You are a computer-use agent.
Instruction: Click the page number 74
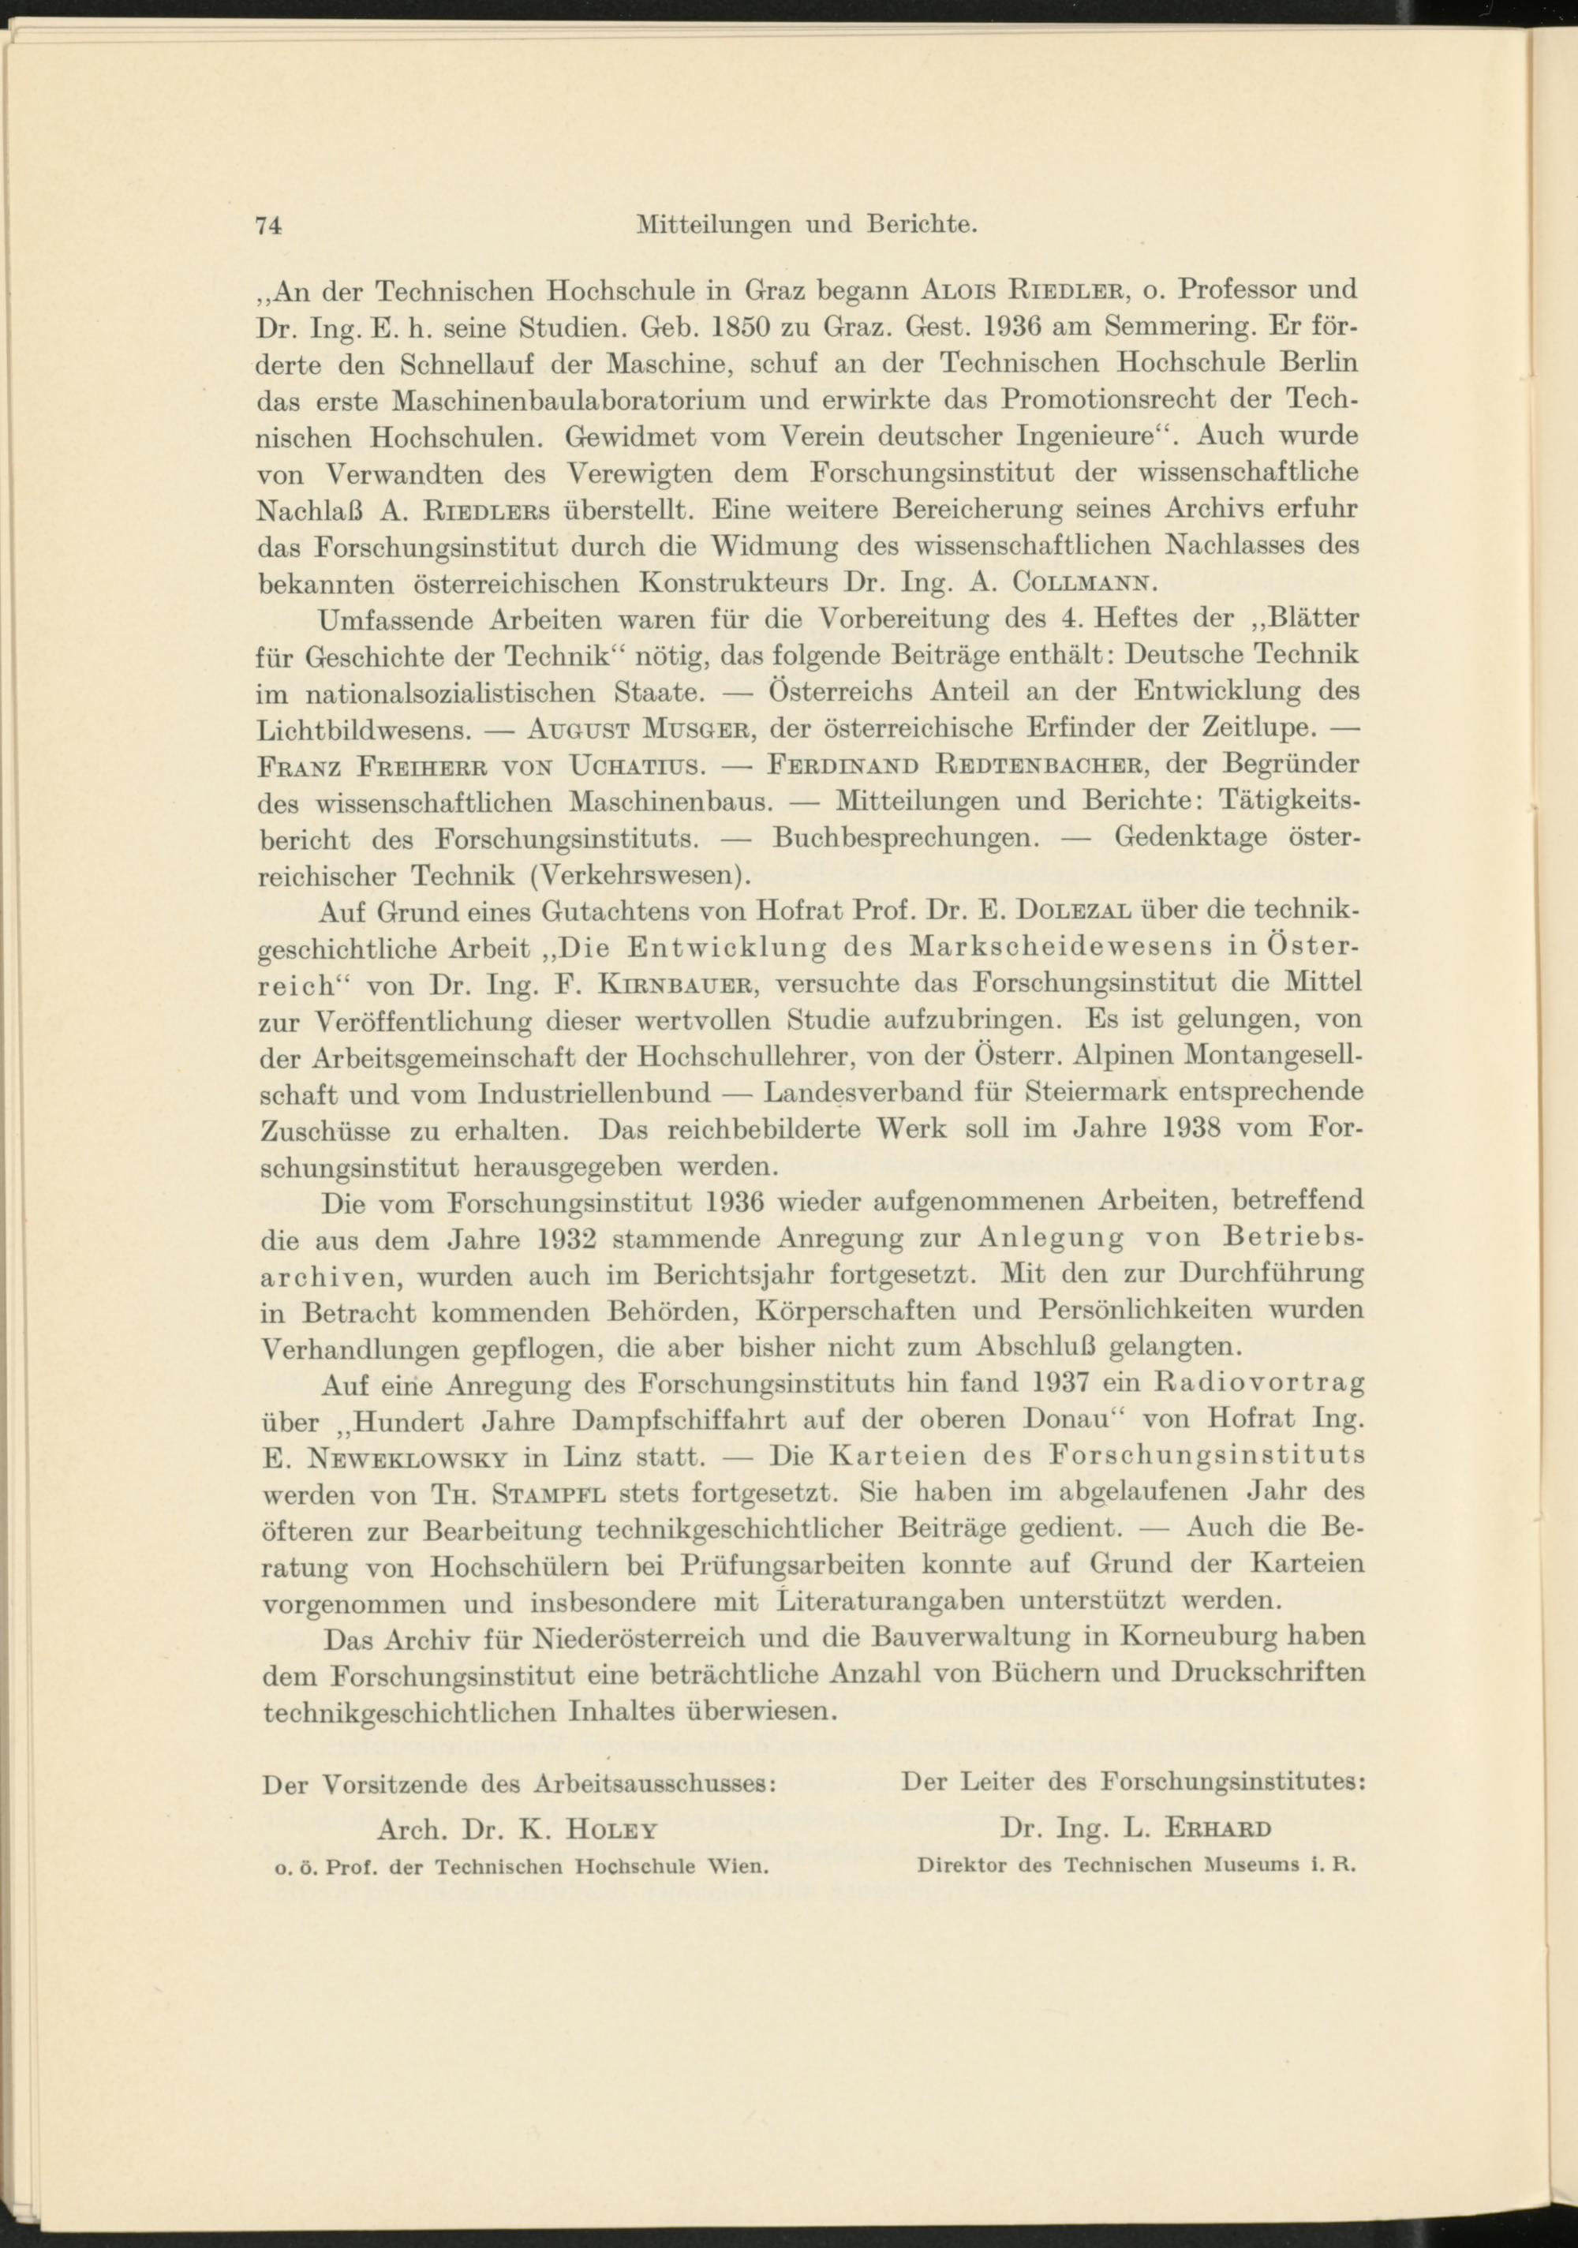tap(268, 225)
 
